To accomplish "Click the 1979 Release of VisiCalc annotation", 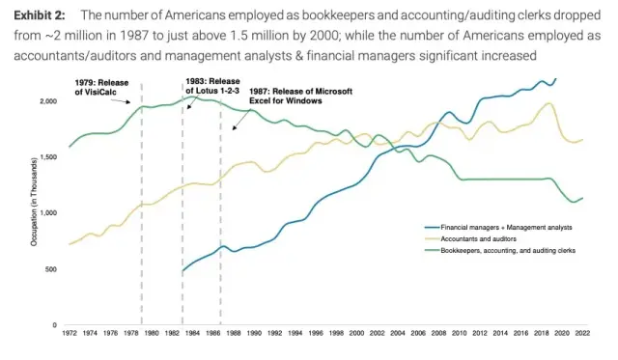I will (x=102, y=89).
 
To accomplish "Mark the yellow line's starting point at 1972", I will (x=70, y=244).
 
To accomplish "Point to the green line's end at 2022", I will (x=583, y=198).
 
